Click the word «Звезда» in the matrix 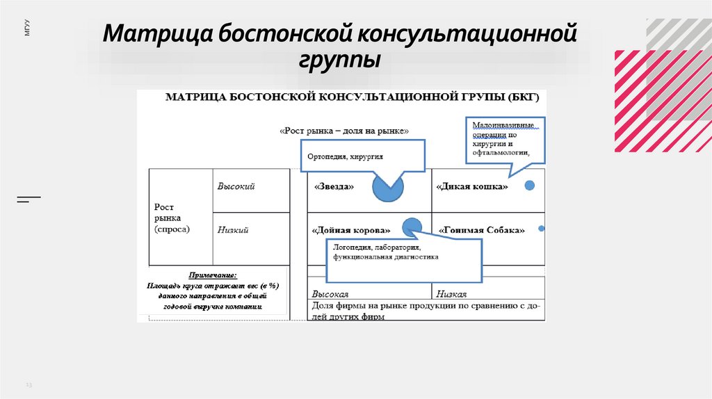click(334, 187)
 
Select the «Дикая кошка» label click(472, 187)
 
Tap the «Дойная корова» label click(352, 230)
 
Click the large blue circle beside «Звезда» click(387, 186)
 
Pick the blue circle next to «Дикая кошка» click(529, 186)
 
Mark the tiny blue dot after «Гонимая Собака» click(542, 228)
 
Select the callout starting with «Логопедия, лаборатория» click(403, 259)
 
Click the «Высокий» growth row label click(236, 187)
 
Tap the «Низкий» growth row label click(233, 230)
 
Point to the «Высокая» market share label click(330, 294)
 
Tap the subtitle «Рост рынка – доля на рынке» click(343, 130)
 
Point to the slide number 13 click(29, 384)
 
